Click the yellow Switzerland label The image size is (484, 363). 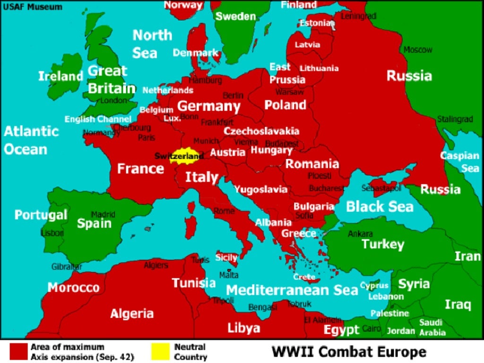pyautogui.click(x=179, y=156)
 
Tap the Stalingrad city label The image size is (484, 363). pyautogui.click(x=455, y=119)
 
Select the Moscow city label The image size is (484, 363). pyautogui.click(x=418, y=50)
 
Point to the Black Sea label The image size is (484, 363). pyautogui.click(x=380, y=207)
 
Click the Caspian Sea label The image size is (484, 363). pyautogui.click(x=459, y=162)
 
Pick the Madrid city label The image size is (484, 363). pyautogui.click(x=103, y=215)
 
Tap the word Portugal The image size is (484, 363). pyautogui.click(x=41, y=215)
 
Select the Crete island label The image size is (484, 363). pyautogui.click(x=304, y=277)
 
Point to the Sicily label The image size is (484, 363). pyautogui.click(x=226, y=258)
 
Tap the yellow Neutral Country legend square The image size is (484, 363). pyautogui.click(x=160, y=351)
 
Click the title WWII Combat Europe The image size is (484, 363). pyautogui.click(x=348, y=352)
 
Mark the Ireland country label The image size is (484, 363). pyautogui.click(x=60, y=76)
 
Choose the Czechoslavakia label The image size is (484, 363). pyautogui.click(x=261, y=131)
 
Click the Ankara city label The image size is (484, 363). pyautogui.click(x=360, y=233)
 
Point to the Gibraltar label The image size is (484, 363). pyautogui.click(x=67, y=267)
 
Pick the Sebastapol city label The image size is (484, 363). pyautogui.click(x=381, y=188)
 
